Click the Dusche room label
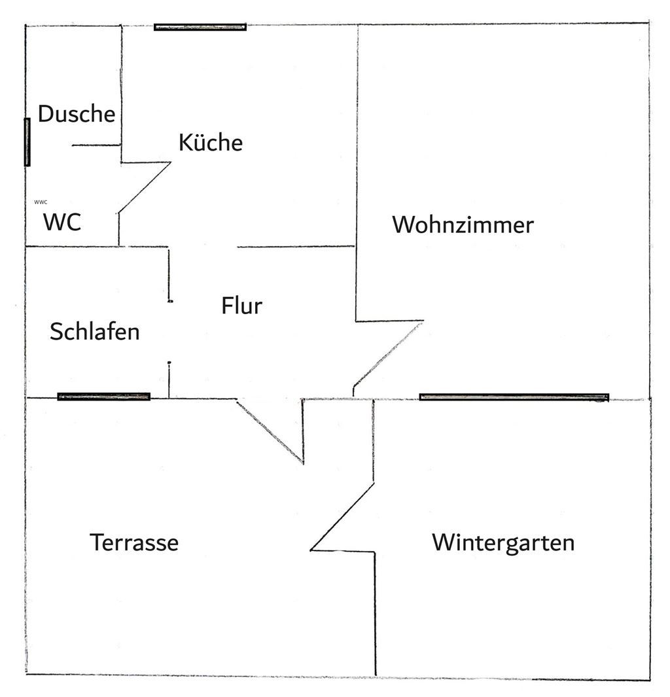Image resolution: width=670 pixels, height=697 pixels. [x=77, y=114]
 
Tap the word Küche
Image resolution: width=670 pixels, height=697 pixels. [x=211, y=142]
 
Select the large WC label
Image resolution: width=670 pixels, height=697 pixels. [x=62, y=223]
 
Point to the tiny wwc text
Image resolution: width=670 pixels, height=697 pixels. [x=41, y=202]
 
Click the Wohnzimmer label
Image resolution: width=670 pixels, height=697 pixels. [x=463, y=225]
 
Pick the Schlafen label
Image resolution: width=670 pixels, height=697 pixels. [x=95, y=331]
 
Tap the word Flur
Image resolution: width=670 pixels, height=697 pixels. [x=241, y=306]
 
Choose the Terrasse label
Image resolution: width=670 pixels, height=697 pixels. [x=134, y=543]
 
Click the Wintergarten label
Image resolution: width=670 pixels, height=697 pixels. [x=503, y=543]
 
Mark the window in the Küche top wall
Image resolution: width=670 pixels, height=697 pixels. [x=200, y=27]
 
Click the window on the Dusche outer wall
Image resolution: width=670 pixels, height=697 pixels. [x=27, y=141]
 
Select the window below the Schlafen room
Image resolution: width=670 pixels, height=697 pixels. [x=104, y=397]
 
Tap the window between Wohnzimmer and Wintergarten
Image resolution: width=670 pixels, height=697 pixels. [x=514, y=397]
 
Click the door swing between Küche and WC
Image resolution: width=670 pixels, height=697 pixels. [x=144, y=187]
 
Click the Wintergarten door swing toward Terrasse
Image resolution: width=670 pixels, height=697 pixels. [x=342, y=517]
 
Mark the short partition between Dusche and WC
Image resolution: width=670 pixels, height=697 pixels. [x=96, y=145]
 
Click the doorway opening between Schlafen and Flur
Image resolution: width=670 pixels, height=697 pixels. [x=169, y=331]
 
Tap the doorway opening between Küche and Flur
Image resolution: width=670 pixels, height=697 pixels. [x=203, y=247]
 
